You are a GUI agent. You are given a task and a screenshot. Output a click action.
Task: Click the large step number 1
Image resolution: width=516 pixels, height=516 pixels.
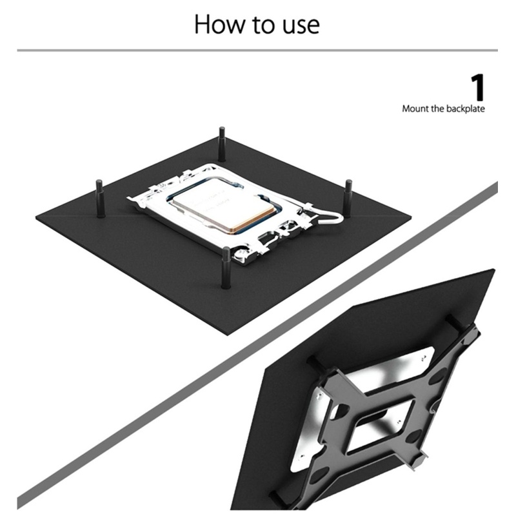click(x=478, y=87)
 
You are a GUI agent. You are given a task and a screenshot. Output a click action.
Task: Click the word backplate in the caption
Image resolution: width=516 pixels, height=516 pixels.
click(x=466, y=109)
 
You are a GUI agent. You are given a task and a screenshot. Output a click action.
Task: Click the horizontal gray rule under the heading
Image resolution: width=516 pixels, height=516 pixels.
click(x=257, y=50)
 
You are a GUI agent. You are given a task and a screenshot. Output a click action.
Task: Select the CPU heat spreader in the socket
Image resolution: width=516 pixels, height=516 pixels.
click(x=224, y=205)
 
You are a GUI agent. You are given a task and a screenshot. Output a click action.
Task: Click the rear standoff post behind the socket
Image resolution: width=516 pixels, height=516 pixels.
click(x=222, y=144)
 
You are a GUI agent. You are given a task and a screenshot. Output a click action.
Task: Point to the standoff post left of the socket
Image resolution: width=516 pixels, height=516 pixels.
click(x=100, y=198)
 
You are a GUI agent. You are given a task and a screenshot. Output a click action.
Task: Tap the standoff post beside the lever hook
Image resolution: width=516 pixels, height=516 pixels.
click(x=348, y=197)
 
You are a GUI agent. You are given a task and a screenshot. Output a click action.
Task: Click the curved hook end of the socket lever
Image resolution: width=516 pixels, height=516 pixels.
click(x=340, y=217)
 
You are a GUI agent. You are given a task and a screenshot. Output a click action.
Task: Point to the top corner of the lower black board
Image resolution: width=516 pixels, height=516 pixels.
click(x=493, y=270)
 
